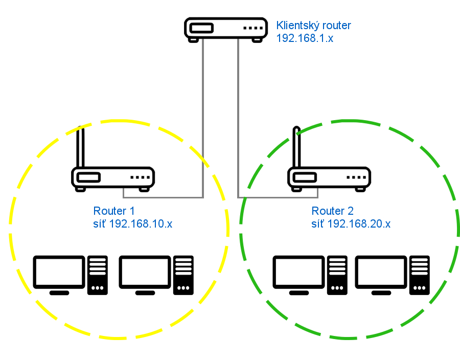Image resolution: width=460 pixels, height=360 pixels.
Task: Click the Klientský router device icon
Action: click(225, 29)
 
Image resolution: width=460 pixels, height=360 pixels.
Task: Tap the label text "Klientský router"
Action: click(313, 25)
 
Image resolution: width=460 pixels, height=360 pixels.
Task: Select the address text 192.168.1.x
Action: click(305, 38)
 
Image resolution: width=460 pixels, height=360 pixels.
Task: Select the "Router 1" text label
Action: click(113, 211)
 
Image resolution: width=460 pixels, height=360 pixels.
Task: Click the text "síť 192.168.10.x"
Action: click(133, 223)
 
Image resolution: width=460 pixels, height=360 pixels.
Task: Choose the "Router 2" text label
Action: click(332, 211)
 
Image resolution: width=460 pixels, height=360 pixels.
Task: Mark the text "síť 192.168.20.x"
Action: click(351, 223)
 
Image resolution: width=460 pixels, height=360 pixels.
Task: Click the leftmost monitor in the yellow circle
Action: click(59, 273)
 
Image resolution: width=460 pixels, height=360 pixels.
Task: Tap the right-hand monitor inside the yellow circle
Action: click(145, 273)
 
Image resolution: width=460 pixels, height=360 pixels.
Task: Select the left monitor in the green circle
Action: click(299, 273)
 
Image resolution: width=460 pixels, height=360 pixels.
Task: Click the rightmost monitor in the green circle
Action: click(381, 273)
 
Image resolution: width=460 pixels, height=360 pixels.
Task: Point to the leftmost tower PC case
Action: click(98, 275)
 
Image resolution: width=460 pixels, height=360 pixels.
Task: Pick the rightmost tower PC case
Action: click(420, 275)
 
